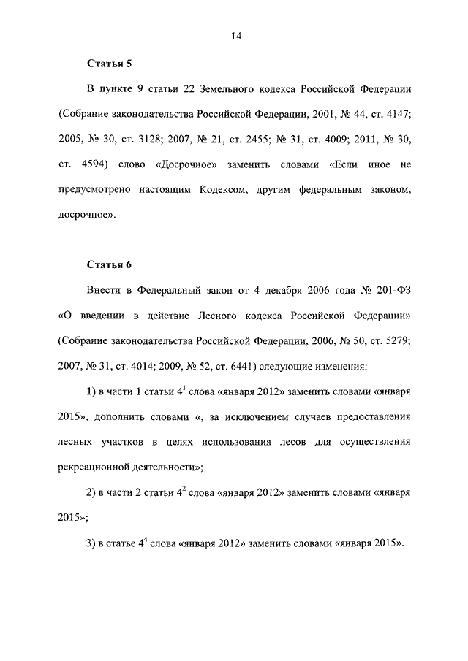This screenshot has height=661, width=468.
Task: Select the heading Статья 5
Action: [109, 64]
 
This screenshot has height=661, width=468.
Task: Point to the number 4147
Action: [396, 115]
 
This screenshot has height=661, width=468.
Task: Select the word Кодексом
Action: [226, 191]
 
